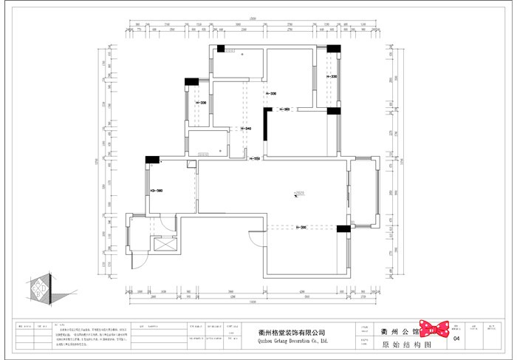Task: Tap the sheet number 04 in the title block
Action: [x=456, y=339]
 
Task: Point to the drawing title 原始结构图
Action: [x=401, y=342]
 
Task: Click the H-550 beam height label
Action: [x=256, y=158]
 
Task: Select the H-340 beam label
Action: [x=246, y=129]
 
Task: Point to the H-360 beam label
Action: [x=284, y=109]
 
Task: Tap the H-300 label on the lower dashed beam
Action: [x=301, y=228]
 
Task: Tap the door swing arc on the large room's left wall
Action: [x=255, y=239]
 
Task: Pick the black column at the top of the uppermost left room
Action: [x=220, y=50]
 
